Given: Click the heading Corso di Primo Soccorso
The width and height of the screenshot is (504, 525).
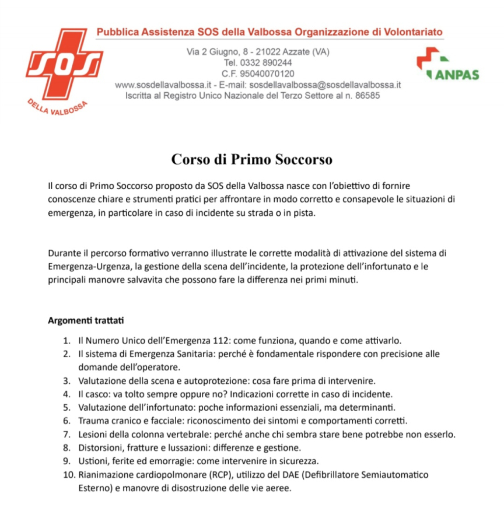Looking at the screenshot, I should tap(251, 159).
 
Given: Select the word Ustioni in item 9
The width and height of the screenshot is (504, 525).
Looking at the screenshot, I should tap(93, 461).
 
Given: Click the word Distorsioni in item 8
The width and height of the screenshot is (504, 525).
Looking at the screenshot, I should tap(101, 448).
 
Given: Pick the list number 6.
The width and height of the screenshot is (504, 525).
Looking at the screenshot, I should tap(66, 421).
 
